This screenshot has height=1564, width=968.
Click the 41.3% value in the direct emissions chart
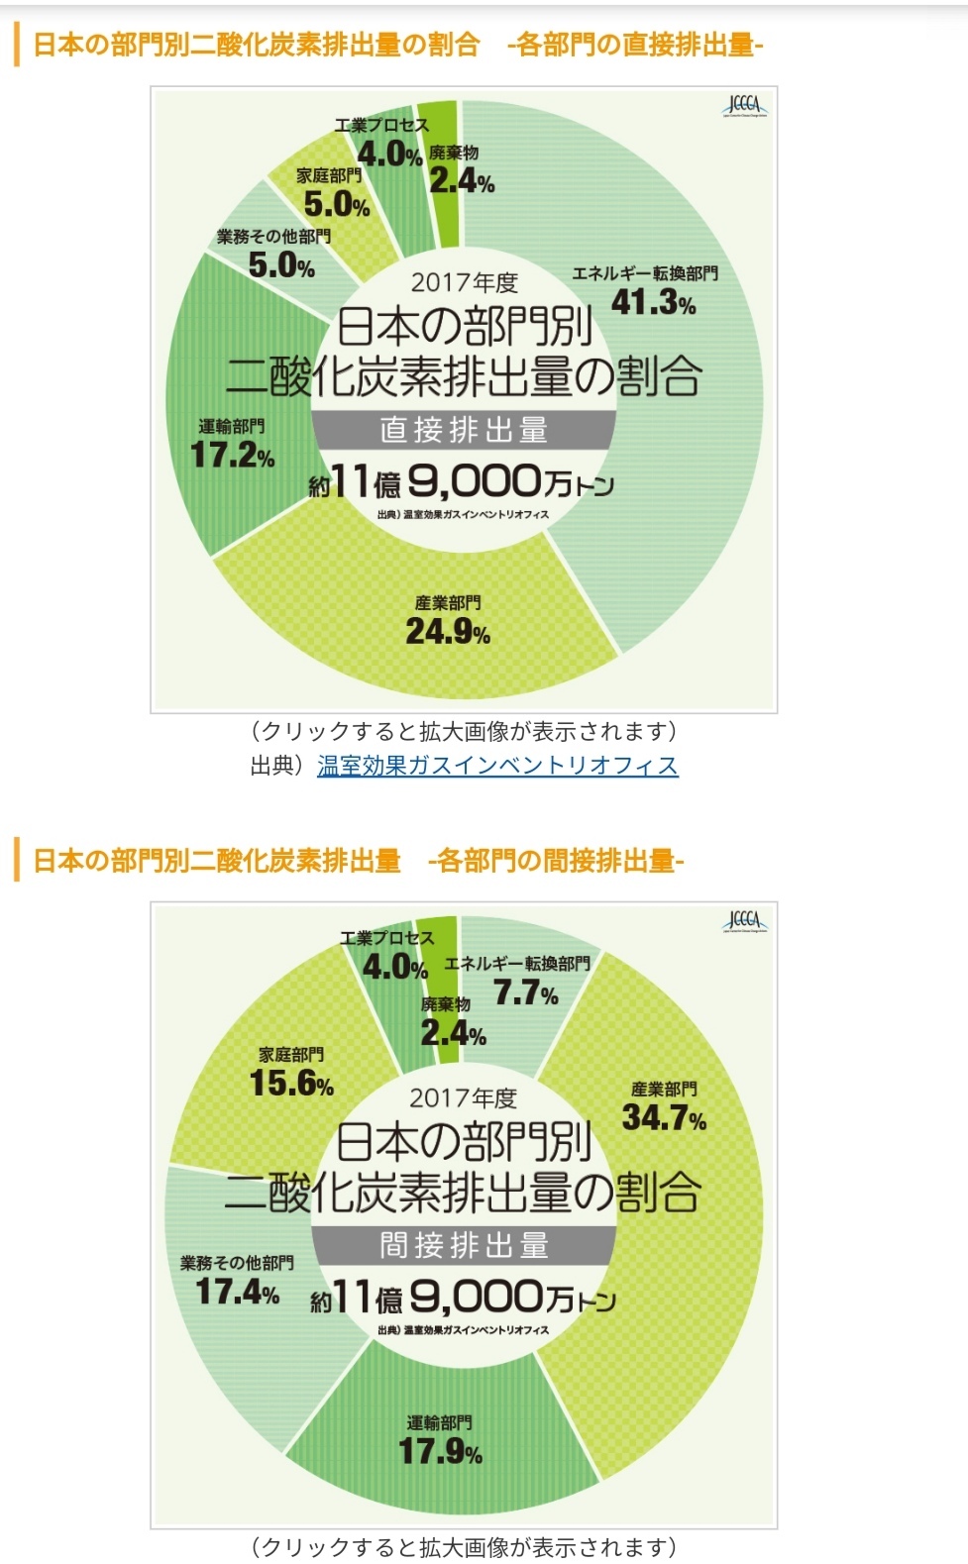[653, 302]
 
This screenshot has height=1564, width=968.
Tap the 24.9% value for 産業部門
[448, 632]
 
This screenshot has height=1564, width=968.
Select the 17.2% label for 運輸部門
[233, 456]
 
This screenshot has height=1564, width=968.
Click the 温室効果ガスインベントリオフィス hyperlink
[497, 766]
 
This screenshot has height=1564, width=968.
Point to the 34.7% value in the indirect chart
[664, 1118]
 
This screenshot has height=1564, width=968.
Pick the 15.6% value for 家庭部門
[291, 1084]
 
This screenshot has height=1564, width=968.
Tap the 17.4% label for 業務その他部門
[238, 1292]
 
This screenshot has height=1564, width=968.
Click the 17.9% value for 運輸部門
[440, 1452]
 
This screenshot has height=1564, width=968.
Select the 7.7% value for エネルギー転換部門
[526, 992]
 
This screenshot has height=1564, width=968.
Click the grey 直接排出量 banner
[464, 430]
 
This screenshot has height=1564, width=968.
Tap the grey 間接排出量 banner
[464, 1245]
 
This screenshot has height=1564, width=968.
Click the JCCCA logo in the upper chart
[744, 106]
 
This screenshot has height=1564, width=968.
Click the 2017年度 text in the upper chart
[465, 283]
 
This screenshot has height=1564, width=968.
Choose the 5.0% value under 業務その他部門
[281, 265]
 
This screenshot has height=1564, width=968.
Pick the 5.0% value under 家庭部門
[337, 205]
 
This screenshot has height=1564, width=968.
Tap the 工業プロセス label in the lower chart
[386, 938]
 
